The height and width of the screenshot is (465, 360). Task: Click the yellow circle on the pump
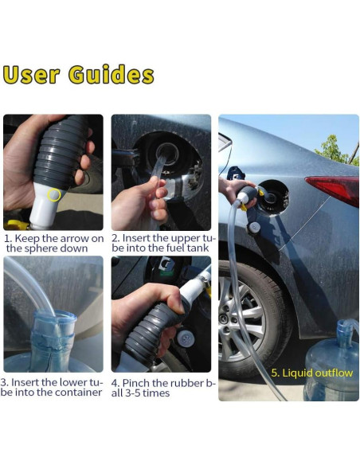(54, 195)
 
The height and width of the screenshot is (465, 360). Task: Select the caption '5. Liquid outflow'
(312, 373)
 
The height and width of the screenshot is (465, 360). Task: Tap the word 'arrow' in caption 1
(72, 238)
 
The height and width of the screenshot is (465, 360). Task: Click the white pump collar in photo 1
(45, 205)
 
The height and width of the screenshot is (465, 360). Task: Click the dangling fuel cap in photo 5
(254, 228)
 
